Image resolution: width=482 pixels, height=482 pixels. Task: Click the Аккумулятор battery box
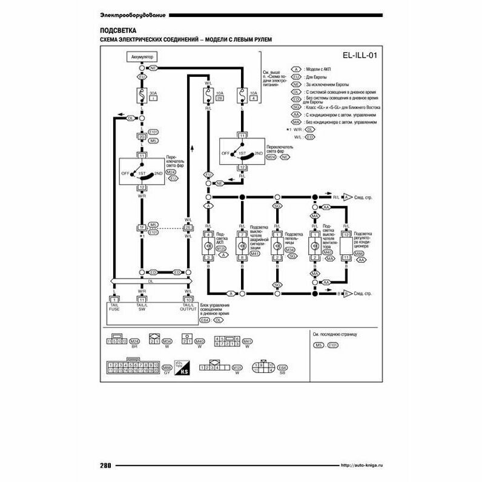click(142, 56)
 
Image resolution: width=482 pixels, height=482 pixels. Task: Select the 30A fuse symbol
click(142, 95)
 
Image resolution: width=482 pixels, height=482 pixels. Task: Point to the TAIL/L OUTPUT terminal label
click(190, 306)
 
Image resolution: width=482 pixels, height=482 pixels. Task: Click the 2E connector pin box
click(188, 228)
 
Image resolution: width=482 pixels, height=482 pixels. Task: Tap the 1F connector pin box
click(142, 228)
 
